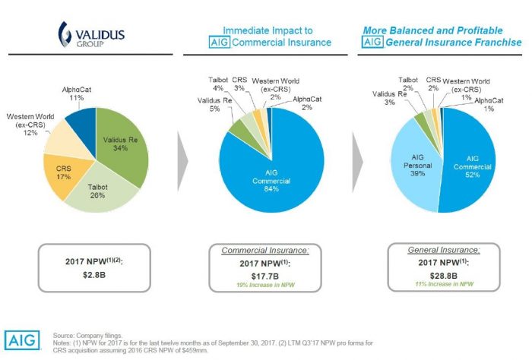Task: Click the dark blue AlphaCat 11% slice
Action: tap(78, 121)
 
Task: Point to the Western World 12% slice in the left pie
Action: tap(57, 142)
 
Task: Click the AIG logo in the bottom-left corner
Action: tap(23, 339)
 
